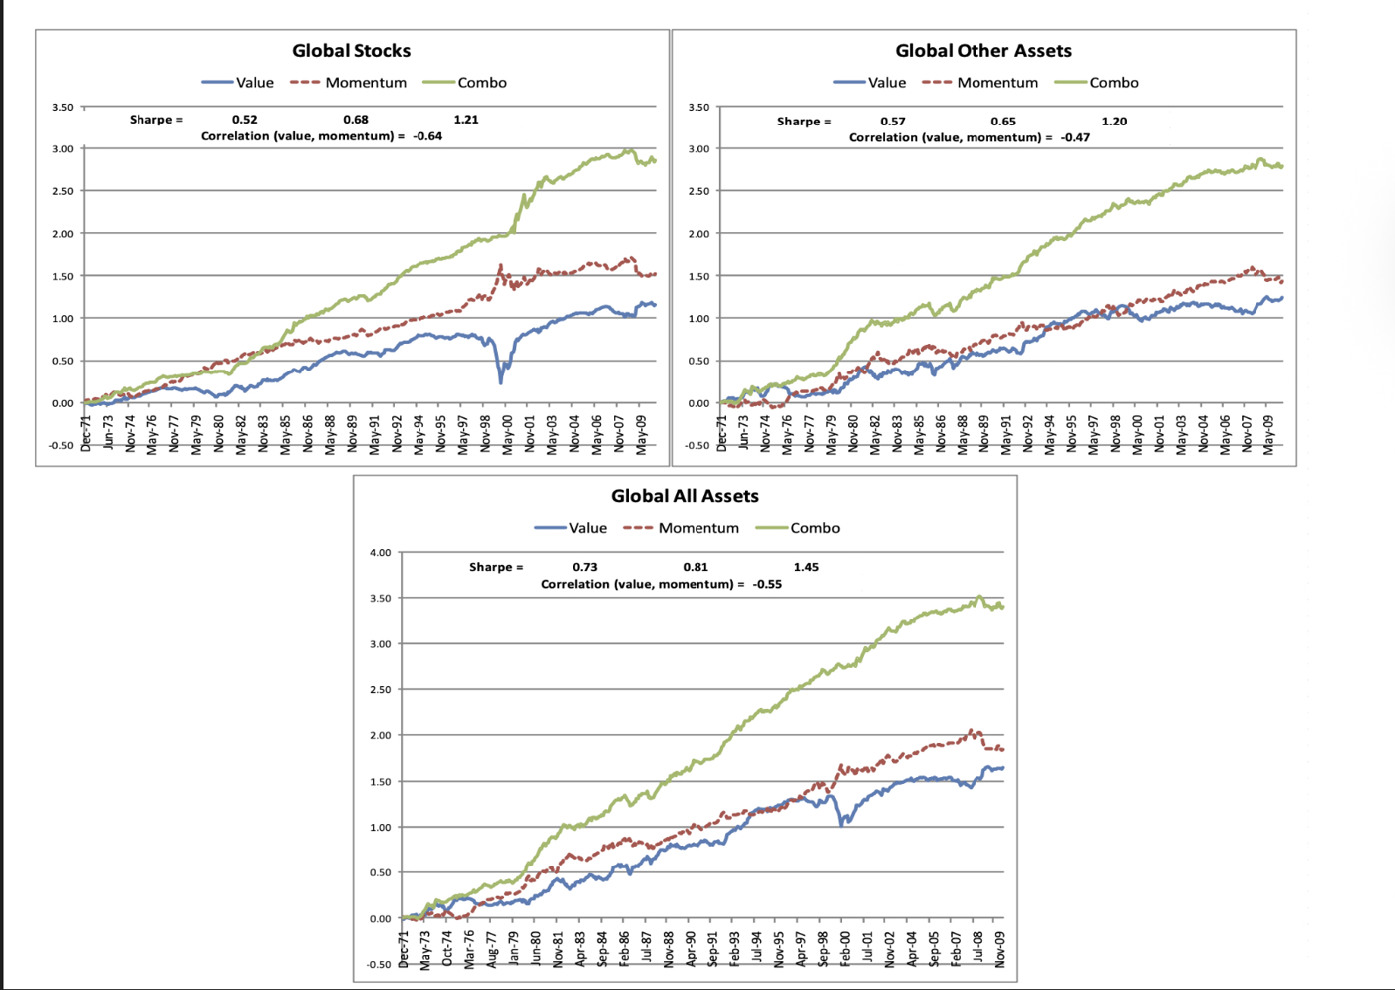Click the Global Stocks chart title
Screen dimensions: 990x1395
tap(351, 51)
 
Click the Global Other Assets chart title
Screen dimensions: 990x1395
tap(982, 51)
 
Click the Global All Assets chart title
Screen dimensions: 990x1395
tap(685, 496)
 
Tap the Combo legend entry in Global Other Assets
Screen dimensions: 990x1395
tap(1113, 83)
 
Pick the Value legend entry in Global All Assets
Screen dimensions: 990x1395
tap(587, 528)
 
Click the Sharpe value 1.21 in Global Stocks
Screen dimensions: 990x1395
tap(465, 120)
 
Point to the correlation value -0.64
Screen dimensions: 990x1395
tap(427, 136)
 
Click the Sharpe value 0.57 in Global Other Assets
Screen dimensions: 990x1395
tap(892, 122)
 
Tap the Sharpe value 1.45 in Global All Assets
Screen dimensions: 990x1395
tap(806, 567)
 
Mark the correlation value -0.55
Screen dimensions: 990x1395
tap(767, 584)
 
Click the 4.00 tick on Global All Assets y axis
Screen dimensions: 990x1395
tap(380, 552)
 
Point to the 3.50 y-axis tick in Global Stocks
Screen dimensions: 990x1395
tap(62, 107)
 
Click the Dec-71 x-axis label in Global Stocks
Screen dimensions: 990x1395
tap(87, 433)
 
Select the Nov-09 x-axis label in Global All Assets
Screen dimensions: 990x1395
tap(999, 949)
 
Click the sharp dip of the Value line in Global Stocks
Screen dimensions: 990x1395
tap(501, 379)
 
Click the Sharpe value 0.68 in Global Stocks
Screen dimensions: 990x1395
tap(355, 120)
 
